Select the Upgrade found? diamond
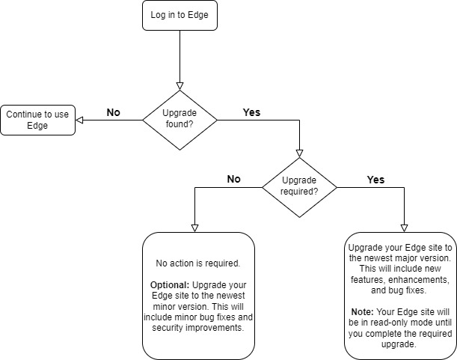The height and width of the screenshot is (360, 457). click(180, 120)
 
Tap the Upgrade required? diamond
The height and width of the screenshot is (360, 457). click(299, 187)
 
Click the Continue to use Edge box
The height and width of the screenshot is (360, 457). click(37, 120)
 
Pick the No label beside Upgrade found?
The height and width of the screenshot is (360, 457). click(113, 112)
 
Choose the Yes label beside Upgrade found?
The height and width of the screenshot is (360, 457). click(253, 112)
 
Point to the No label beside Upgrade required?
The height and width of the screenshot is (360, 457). click(233, 180)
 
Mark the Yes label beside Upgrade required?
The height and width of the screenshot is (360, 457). click(375, 180)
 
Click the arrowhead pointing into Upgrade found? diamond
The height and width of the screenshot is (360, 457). click(180, 85)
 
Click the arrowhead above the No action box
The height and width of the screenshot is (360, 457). click(194, 227)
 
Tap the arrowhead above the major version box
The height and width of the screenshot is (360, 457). click(404, 227)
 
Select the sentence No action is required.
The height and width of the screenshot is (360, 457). click(198, 263)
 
